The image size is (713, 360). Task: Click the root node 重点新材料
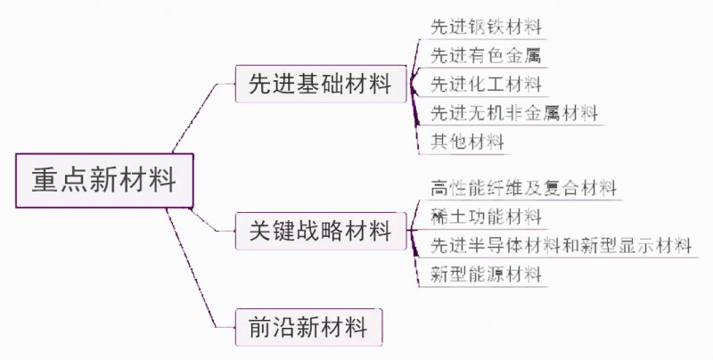[103, 180]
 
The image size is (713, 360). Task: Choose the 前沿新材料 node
[307, 327]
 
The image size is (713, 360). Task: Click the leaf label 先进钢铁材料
[486, 28]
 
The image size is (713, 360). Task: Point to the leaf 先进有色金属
[486, 56]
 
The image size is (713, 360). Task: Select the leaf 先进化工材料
[486, 85]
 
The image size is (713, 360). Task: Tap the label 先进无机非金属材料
[513, 113]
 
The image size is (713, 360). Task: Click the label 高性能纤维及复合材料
[523, 189]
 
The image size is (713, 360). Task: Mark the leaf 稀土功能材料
[486, 217]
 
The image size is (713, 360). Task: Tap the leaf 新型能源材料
[486, 274]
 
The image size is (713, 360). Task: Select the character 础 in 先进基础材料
[332, 86]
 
